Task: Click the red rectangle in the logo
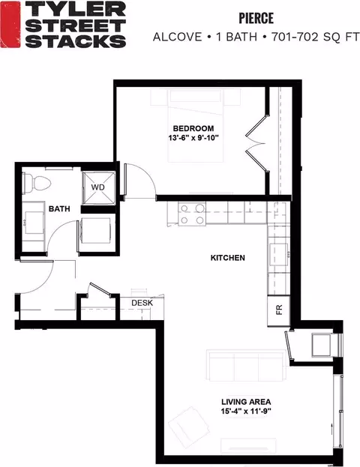click(x=10, y=24)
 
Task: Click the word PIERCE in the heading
click(x=256, y=18)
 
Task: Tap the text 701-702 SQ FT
click(x=315, y=37)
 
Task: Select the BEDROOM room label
click(x=193, y=128)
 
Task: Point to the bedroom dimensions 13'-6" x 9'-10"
click(x=193, y=138)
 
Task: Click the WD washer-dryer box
click(x=98, y=187)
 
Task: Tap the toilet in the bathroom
click(x=37, y=184)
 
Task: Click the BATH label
click(x=59, y=209)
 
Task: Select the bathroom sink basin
click(x=34, y=223)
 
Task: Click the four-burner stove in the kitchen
click(x=192, y=213)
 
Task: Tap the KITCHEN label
click(x=228, y=258)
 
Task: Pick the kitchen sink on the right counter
click(x=279, y=254)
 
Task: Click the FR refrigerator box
click(x=279, y=310)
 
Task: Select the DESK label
click(x=142, y=303)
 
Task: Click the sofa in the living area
click(x=246, y=366)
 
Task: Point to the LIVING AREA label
click(x=246, y=402)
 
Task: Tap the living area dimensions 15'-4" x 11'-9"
click(x=246, y=412)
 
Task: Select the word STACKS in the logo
click(x=76, y=40)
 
